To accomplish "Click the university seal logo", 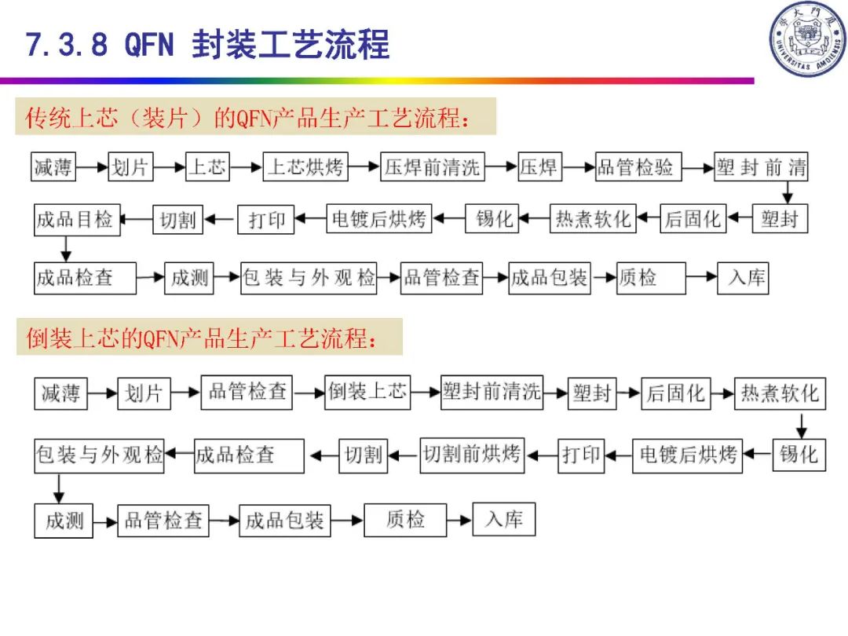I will [x=806, y=39].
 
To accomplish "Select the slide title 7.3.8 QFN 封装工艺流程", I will [x=208, y=45].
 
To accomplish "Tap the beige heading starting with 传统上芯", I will [x=256, y=117].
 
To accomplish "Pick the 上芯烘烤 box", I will [x=305, y=167].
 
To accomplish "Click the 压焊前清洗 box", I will [x=432, y=167].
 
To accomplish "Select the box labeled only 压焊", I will [x=539, y=167].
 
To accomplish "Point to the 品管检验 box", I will [x=637, y=167].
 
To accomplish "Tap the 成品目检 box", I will [x=75, y=219].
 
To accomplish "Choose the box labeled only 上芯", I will [x=207, y=167].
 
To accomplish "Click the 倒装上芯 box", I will [x=367, y=392].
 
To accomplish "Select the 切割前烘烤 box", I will [x=472, y=455].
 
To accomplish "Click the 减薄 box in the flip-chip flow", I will [x=61, y=393].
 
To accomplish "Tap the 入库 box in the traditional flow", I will [x=742, y=278].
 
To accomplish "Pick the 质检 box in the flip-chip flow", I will [x=405, y=520].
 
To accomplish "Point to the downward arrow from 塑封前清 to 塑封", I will [x=788, y=192].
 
